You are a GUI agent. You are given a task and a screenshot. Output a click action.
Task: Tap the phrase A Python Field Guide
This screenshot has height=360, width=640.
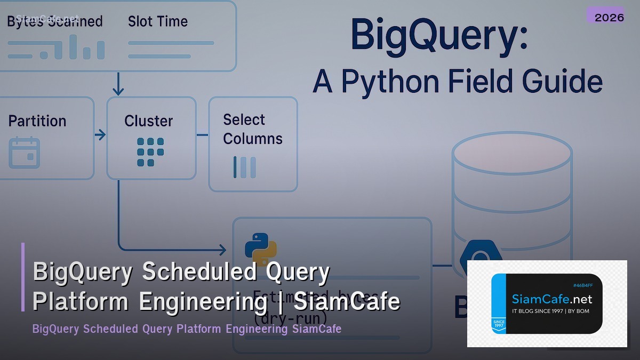pyautogui.click(x=458, y=82)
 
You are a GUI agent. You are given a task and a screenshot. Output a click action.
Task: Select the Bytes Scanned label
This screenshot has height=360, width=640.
pyautogui.click(x=54, y=22)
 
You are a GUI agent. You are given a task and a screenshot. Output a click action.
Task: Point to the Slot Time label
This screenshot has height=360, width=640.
pyautogui.click(x=158, y=22)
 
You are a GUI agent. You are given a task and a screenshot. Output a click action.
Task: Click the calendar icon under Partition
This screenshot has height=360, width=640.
pyautogui.click(x=24, y=153)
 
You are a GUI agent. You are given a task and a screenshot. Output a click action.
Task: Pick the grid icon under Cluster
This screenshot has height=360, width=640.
pyautogui.click(x=150, y=152)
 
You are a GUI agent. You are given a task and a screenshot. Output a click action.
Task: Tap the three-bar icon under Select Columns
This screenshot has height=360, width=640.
pyautogui.click(x=245, y=167)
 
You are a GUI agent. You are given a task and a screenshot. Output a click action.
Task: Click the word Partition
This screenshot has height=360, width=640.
pyautogui.click(x=37, y=121)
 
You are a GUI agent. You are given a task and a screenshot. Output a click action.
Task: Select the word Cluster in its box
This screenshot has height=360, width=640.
pyautogui.click(x=149, y=121)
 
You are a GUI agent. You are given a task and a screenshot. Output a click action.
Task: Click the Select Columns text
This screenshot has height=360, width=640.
pyautogui.click(x=252, y=129)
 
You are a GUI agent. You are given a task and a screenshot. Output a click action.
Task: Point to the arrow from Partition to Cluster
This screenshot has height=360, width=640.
pyautogui.click(x=100, y=135)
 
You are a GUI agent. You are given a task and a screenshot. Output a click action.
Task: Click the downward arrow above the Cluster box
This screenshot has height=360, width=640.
pyautogui.click(x=118, y=85)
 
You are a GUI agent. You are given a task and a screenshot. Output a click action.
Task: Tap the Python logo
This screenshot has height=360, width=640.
pyautogui.click(x=260, y=249)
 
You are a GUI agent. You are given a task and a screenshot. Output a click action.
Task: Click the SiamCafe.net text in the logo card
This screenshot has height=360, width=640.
pyautogui.click(x=551, y=299)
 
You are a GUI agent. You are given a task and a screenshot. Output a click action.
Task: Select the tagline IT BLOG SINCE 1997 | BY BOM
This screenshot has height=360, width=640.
pyautogui.click(x=550, y=311)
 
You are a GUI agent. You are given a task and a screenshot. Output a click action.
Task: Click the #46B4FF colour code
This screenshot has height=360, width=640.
pyautogui.click(x=582, y=285)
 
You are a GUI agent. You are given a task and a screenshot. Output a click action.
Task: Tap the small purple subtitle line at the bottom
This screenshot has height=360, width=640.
pyautogui.click(x=187, y=329)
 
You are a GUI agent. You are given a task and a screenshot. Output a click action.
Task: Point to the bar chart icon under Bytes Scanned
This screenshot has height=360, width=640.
pyautogui.click(x=56, y=48)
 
